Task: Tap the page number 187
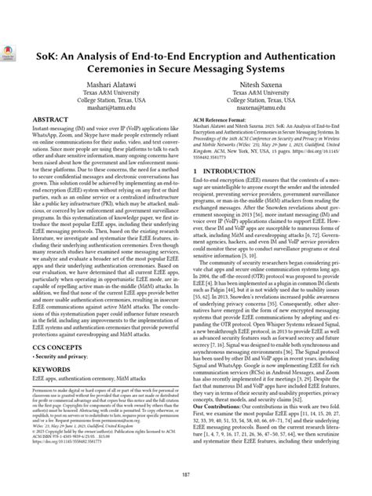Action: click(186, 475)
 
